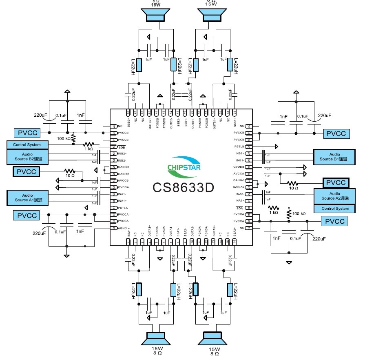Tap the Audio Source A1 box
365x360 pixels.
point(27,198)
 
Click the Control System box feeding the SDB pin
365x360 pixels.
point(27,145)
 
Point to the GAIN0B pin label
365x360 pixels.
point(124,167)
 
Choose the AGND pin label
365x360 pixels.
point(124,228)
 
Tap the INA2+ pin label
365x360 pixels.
point(239,200)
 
